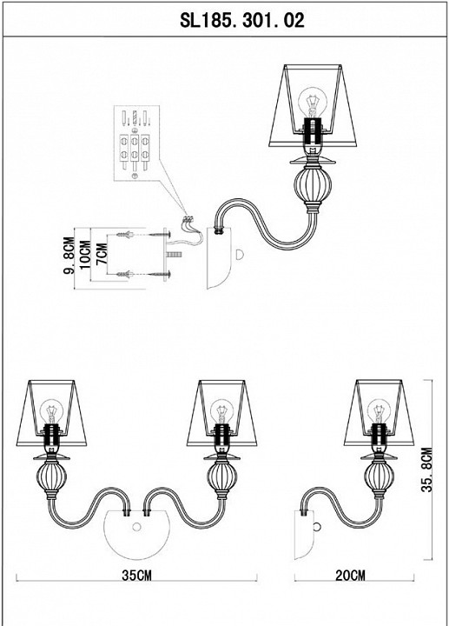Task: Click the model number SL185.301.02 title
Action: tap(242, 20)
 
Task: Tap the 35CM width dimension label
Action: tap(136, 576)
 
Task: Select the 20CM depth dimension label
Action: tap(350, 576)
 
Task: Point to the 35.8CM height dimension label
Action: tap(426, 469)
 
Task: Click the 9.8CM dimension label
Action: tap(69, 255)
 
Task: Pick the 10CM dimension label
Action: tap(85, 255)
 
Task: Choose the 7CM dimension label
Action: tap(102, 254)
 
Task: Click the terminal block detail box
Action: tap(136, 143)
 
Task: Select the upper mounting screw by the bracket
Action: tap(143, 234)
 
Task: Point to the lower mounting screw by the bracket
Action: tap(143, 275)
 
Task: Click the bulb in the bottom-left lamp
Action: tap(51, 411)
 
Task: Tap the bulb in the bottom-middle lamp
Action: tap(221, 411)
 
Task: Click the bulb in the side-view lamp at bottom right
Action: tap(379, 411)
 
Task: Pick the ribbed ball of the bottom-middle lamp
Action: tap(222, 476)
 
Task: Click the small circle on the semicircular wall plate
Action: tap(136, 528)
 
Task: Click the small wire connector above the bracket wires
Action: tap(188, 219)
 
